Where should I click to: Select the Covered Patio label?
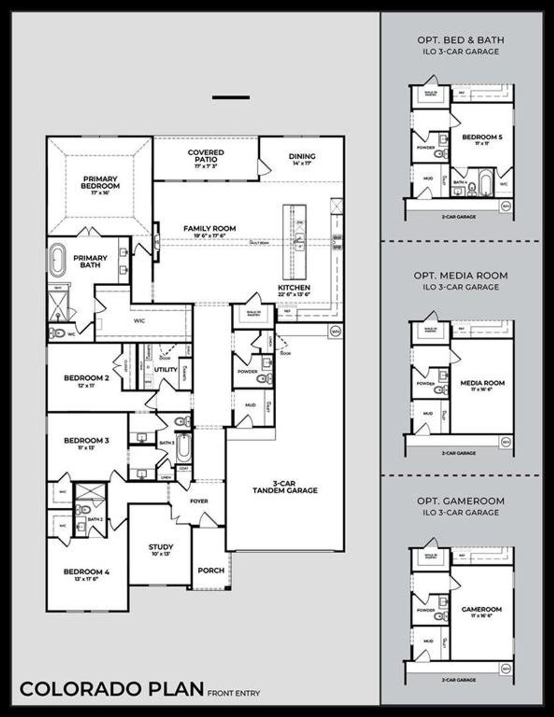(x=206, y=156)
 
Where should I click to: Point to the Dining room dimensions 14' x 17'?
(x=302, y=163)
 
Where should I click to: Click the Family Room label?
(x=209, y=228)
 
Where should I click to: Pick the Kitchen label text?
(x=294, y=288)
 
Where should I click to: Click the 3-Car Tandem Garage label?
(x=285, y=487)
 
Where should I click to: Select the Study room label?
(x=161, y=547)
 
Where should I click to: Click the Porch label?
(x=211, y=570)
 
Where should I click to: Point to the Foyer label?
(x=199, y=501)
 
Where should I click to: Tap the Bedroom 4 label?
(x=87, y=572)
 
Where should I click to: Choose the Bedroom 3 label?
(x=87, y=441)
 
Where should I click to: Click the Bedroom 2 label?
(x=87, y=378)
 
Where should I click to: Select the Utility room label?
(x=166, y=369)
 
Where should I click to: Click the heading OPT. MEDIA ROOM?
(x=461, y=275)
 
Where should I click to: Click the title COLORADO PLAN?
(x=112, y=689)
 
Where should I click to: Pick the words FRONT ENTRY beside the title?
(x=234, y=693)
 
